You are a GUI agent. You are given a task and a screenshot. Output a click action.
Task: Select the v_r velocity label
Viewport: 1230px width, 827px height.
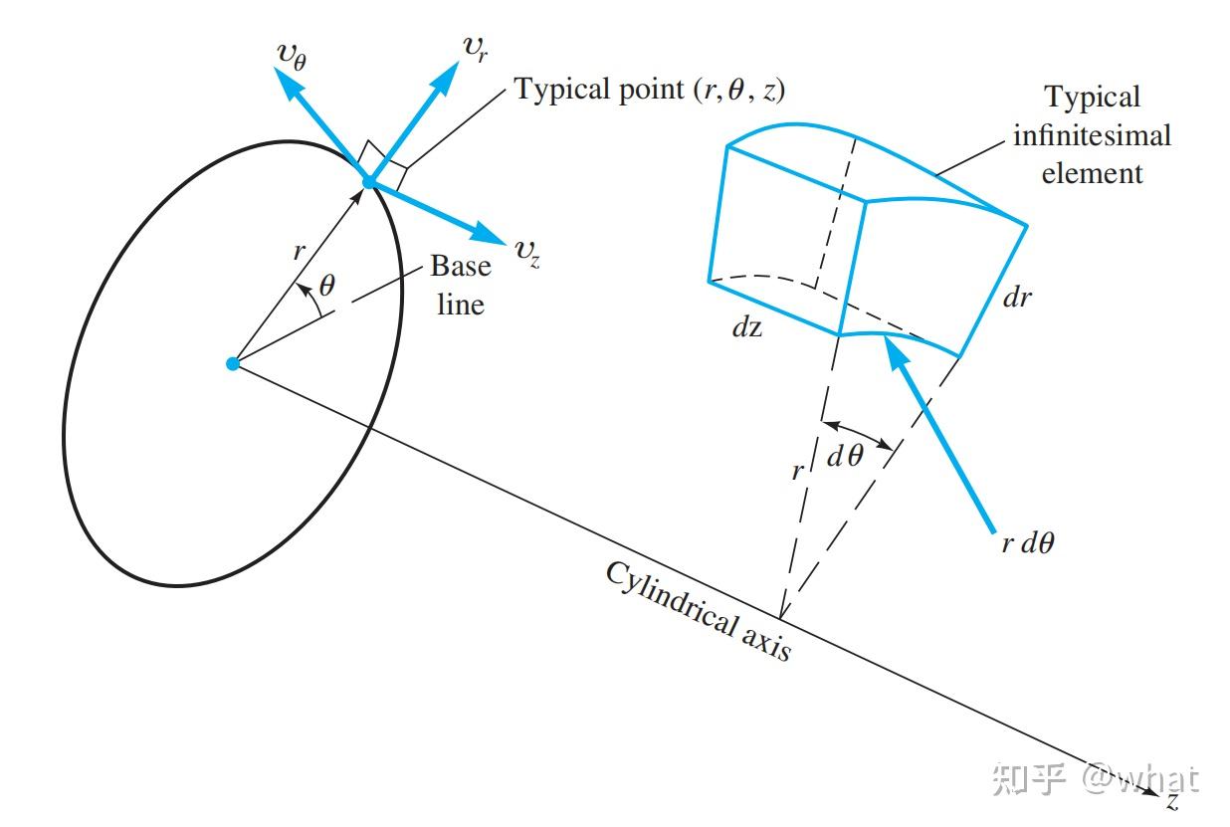475,47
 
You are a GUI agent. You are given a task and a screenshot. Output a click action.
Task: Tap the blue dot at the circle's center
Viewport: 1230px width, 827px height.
233,364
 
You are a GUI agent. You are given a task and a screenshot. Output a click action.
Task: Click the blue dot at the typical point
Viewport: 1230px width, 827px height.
369,182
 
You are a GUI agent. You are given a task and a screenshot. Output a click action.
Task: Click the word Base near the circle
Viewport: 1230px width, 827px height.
461,267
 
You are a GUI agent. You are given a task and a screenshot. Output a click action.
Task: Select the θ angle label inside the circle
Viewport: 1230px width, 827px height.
327,286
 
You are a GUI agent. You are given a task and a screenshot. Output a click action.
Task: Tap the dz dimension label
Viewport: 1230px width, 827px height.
746,327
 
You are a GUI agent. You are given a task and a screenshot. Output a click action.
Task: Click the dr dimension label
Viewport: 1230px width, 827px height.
1017,297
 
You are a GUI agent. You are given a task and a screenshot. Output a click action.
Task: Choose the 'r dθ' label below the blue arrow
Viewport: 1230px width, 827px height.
1027,543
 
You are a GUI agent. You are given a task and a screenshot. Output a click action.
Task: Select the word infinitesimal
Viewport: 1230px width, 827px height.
1092,134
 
